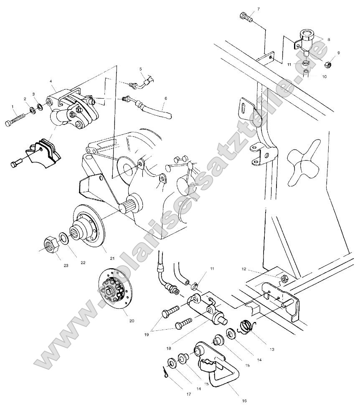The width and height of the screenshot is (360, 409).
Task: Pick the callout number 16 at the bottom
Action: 243,401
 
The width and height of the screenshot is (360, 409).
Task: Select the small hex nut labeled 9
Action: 328,64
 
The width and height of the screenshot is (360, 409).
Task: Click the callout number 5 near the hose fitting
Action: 141,69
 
